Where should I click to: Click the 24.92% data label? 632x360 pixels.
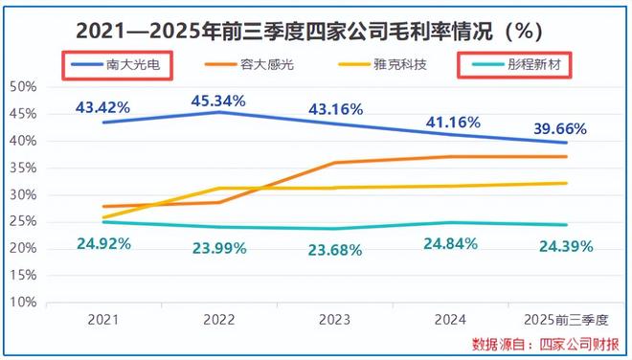104,242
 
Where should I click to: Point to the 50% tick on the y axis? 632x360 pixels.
22,87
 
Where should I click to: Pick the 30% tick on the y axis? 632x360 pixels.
22,194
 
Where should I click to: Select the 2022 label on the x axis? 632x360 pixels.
220,321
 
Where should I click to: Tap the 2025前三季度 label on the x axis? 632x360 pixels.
566,321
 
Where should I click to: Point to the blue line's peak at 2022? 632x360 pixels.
220,112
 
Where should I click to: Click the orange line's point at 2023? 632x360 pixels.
335,163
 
